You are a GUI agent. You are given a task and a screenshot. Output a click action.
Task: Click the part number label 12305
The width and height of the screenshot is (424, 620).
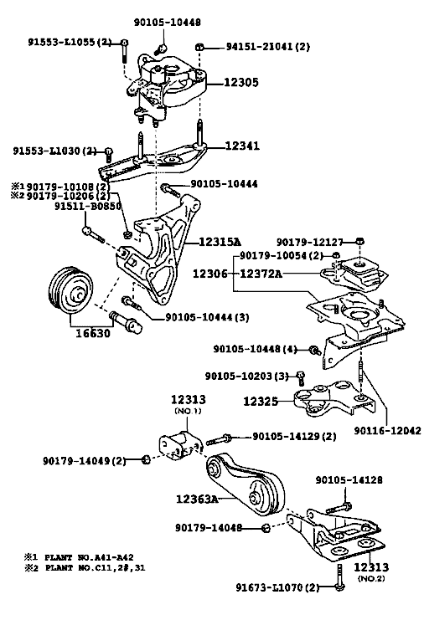(241, 82)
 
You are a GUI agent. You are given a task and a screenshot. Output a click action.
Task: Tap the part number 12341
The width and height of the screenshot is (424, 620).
(242, 146)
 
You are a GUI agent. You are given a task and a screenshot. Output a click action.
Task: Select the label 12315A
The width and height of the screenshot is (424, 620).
(220, 242)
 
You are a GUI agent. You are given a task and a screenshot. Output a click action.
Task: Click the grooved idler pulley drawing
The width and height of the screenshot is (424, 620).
(70, 290)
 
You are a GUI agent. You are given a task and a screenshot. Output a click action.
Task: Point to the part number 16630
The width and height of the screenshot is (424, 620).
(93, 333)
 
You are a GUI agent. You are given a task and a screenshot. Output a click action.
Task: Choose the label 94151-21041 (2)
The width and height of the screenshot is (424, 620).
(268, 47)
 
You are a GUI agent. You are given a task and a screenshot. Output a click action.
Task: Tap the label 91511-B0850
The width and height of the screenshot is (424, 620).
(88, 206)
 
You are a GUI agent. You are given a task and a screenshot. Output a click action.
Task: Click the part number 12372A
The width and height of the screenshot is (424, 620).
(261, 274)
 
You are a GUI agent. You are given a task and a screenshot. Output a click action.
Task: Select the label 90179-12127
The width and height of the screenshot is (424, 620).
(309, 242)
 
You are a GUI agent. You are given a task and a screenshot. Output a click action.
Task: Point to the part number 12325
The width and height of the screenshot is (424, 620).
(260, 402)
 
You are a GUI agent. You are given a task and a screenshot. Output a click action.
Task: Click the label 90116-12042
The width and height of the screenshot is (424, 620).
(388, 430)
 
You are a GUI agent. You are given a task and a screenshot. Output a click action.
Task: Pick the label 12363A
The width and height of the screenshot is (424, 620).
(197, 500)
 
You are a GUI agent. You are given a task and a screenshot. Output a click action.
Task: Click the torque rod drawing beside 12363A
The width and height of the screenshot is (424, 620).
(246, 484)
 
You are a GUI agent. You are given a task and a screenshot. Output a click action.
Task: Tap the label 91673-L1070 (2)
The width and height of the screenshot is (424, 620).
(277, 587)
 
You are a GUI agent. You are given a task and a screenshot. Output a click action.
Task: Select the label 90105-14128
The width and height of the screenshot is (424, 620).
(349, 480)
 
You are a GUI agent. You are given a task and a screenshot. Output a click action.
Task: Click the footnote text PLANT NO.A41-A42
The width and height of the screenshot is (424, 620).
(89, 557)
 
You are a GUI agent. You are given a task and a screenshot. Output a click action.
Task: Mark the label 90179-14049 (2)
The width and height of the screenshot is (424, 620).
(85, 461)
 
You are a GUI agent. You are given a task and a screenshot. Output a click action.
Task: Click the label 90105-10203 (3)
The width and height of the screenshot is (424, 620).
(246, 376)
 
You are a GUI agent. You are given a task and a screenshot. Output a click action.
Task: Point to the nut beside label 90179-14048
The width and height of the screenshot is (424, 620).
(266, 528)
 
